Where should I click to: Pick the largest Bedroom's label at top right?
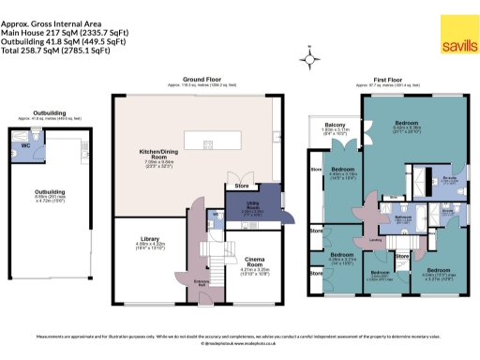coord(406,123)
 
